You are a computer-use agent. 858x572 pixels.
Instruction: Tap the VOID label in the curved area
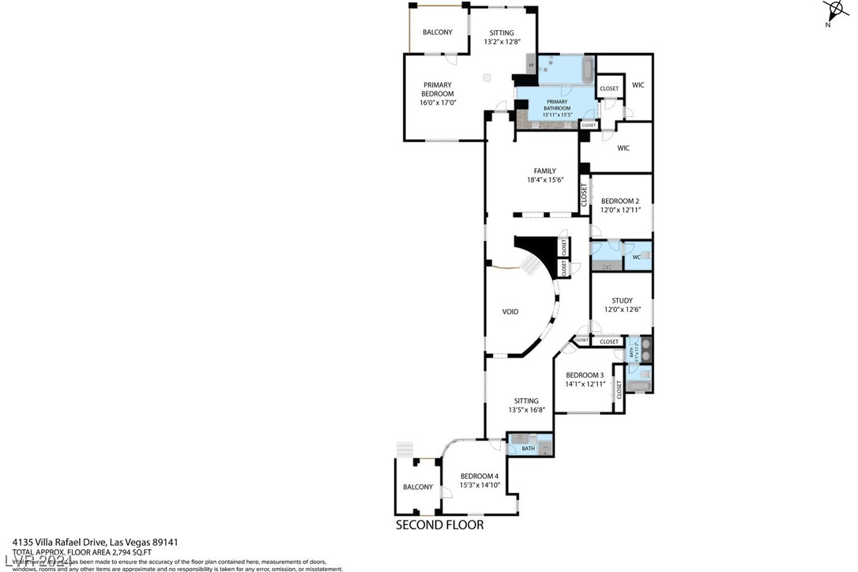(510, 312)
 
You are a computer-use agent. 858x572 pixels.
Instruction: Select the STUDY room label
(622, 300)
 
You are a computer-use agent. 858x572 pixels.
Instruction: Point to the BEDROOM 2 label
(621, 201)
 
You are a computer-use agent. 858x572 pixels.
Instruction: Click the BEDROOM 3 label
(585, 374)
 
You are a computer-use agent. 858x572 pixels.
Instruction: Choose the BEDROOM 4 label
(480, 476)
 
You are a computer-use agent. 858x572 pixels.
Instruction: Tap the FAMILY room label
(544, 171)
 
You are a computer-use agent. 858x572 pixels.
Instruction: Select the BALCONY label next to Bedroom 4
(418, 487)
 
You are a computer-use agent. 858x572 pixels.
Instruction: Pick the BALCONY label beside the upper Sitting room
(438, 32)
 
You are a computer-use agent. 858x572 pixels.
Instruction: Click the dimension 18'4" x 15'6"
(544, 180)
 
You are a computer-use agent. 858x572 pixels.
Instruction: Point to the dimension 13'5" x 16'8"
(525, 410)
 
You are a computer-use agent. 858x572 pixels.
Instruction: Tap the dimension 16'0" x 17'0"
(438, 103)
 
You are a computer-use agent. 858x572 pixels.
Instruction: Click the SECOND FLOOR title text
(439, 525)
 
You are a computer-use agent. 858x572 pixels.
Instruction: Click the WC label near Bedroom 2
(636, 257)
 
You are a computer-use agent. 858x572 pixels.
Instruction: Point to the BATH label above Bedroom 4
(528, 449)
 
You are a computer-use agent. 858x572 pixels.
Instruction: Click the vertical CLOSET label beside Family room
(585, 194)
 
